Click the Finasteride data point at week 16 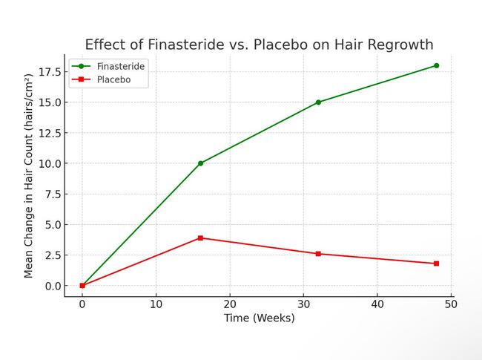pyautogui.click(x=200, y=163)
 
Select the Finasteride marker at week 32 pyautogui.click(x=318, y=102)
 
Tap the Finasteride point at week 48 pyautogui.click(x=436, y=65)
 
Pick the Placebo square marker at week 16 pyautogui.click(x=200, y=238)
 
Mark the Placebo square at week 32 pyautogui.click(x=318, y=254)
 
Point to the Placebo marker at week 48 pyautogui.click(x=436, y=264)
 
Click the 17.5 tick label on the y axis pyautogui.click(x=50, y=72)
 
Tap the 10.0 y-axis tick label pyautogui.click(x=50, y=163)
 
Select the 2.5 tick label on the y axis pyautogui.click(x=53, y=255)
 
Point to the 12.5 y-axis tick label pyautogui.click(x=50, y=133)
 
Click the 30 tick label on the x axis pyautogui.click(x=303, y=304)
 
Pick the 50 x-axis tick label pyautogui.click(x=451, y=304)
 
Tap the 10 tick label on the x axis pyautogui.click(x=156, y=304)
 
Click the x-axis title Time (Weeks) pyautogui.click(x=259, y=318)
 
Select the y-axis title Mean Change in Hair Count pyautogui.click(x=29, y=175)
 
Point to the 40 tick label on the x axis pyautogui.click(x=377, y=304)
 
